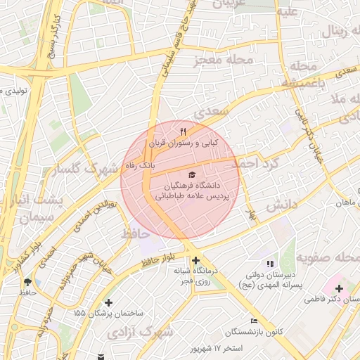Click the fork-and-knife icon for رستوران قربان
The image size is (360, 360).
(x=184, y=131)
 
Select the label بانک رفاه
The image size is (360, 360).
(x=138, y=164)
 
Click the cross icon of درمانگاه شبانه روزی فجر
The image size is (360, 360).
(x=195, y=260)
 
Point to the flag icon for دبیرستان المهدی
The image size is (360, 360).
(x=271, y=264)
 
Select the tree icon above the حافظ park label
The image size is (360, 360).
(x=28, y=281)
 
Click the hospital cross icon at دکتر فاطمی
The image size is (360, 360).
(x=340, y=288)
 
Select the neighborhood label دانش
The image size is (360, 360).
(x=283, y=205)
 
